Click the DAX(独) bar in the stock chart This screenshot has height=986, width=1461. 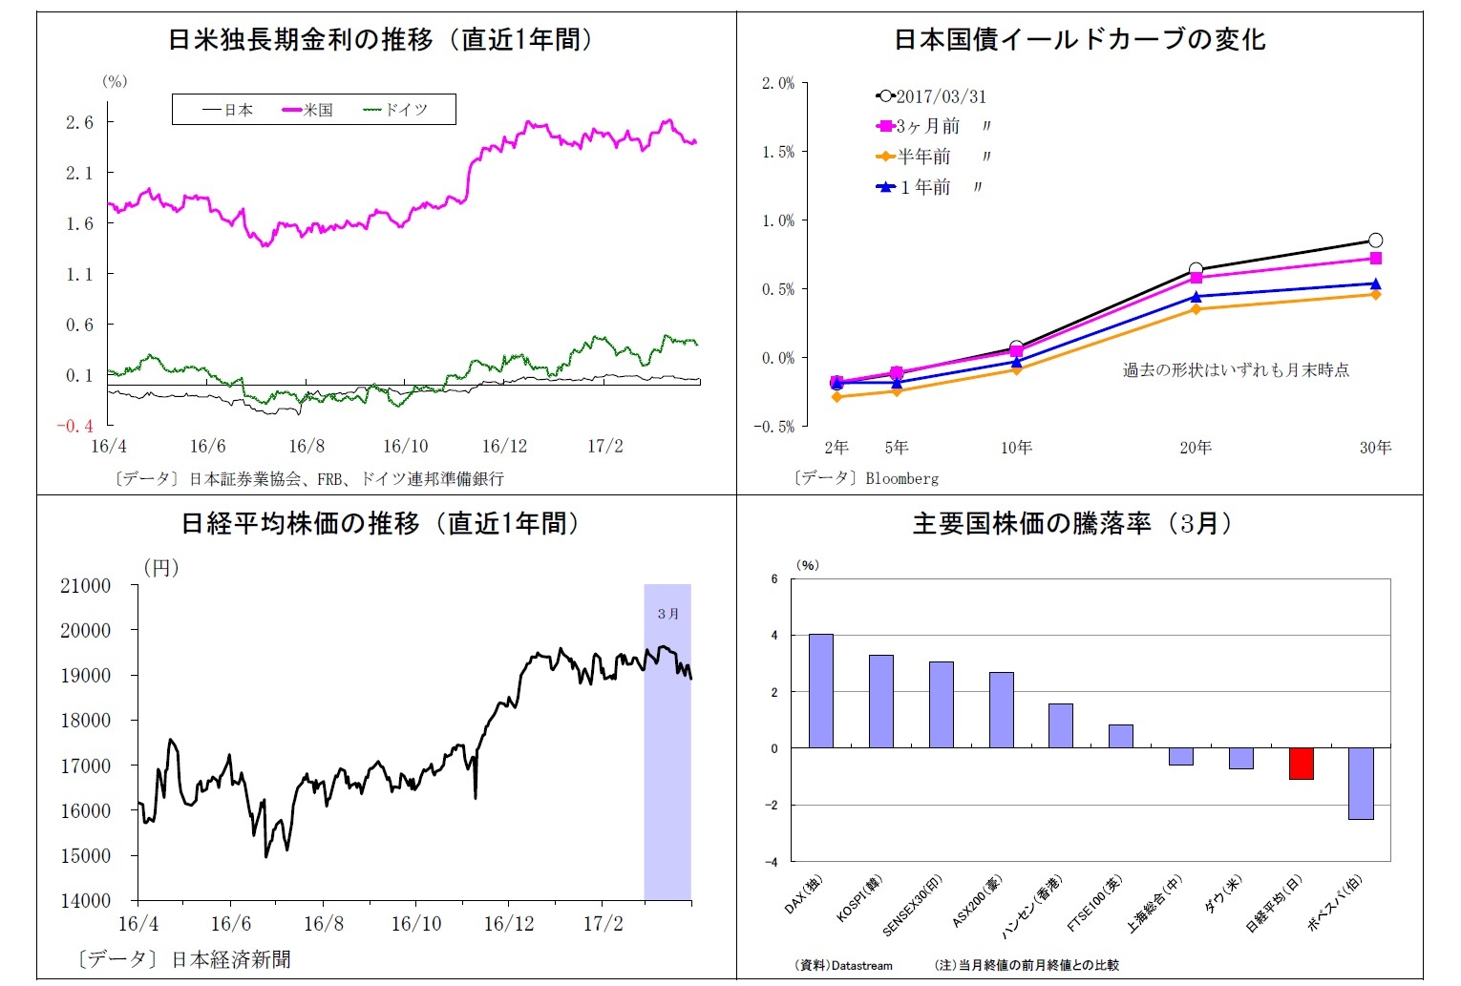pos(821,690)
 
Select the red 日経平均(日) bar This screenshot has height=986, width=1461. pos(1301,764)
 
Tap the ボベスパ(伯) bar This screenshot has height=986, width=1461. pos(1361,784)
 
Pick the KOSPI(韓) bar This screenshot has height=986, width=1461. pos(881,701)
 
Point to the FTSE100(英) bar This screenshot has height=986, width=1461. pos(1121,736)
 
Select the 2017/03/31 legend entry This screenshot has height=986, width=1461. pos(931,96)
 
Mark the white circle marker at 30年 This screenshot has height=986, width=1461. pos(1375,241)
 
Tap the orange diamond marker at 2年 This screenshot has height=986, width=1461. pos(837,396)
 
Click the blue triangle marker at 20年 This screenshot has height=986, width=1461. pos(1196,297)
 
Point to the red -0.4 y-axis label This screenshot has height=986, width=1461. pos(74,426)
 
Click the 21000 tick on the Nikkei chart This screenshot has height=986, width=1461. pos(86,585)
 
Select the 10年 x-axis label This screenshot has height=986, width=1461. pos(1016,447)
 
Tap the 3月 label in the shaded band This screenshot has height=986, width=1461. pos(667,614)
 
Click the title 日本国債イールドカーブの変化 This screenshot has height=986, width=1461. pos(1079,39)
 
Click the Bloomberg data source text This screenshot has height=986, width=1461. pos(901,478)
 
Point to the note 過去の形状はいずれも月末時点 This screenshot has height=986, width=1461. pos(1236,369)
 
